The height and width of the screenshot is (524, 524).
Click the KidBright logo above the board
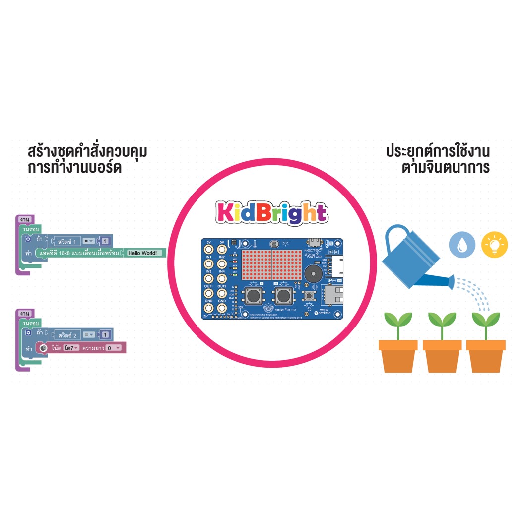[x=271, y=213]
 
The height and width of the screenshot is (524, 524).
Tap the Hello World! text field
[x=144, y=253]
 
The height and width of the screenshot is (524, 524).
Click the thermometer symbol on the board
[x=254, y=244]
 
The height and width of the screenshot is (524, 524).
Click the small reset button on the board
[x=309, y=296]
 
